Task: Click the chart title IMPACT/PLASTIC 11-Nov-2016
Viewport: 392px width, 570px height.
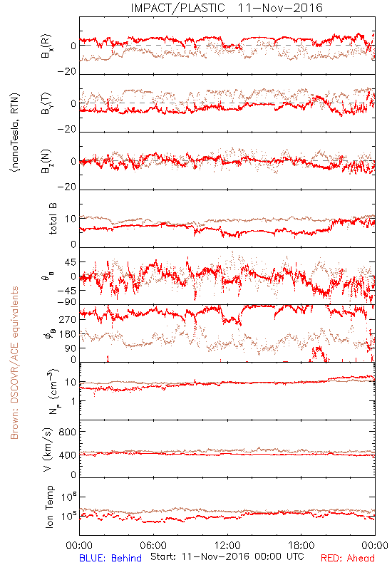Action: coord(227,8)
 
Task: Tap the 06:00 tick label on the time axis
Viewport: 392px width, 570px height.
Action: coord(153,545)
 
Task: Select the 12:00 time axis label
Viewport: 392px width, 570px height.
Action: coord(227,545)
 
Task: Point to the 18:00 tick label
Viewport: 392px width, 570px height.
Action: coord(301,545)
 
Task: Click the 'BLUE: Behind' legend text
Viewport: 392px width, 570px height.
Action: coord(110,558)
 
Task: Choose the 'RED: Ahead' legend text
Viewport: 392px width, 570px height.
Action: coord(348,558)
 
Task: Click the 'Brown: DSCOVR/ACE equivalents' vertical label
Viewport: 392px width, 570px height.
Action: coord(14,363)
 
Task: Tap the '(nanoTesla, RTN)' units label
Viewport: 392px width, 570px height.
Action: coord(15,133)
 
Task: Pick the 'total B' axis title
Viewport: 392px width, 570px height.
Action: coord(53,219)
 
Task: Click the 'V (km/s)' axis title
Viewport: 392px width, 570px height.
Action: coord(48,450)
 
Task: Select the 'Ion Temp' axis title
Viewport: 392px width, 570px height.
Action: coord(49,507)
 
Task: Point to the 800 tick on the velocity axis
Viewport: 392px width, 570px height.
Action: coord(67,432)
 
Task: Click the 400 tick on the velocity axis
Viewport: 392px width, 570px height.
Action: coord(67,455)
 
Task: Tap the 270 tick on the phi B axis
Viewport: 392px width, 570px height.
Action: coord(67,319)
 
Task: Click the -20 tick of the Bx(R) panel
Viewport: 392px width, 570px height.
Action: coord(66,72)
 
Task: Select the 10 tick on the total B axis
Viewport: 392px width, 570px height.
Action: coord(70,219)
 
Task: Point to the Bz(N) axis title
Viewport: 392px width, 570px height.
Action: coord(46,161)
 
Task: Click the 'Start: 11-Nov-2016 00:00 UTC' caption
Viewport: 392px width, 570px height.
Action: coord(227,556)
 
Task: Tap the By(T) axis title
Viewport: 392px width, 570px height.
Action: coord(46,103)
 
